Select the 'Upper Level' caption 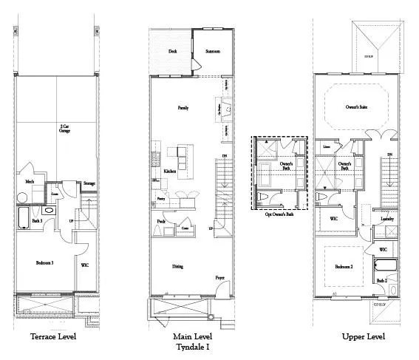tap(363, 337)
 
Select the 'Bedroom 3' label tap(44, 262)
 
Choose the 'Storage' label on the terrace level tap(89, 183)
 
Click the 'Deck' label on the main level tap(172, 52)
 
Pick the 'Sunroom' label tap(213, 52)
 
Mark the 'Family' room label tap(183, 108)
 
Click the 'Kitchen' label tap(169, 170)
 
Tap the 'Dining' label tap(178, 267)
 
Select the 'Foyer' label tap(219, 278)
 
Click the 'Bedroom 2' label tap(344, 266)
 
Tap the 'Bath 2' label tap(381, 280)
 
